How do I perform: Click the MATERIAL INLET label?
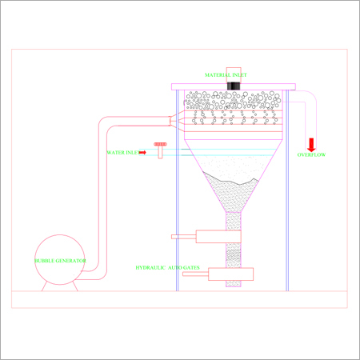tap(226, 75)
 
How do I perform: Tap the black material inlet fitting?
tap(234, 86)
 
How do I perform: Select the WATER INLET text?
tap(123, 153)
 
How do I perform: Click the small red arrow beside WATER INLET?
tap(142, 153)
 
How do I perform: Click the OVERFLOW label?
tap(311, 154)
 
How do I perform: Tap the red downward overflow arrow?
tap(311, 145)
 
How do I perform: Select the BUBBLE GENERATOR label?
tap(60, 261)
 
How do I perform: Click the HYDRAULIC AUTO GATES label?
tap(167, 267)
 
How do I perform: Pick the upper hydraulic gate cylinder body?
tap(218, 237)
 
